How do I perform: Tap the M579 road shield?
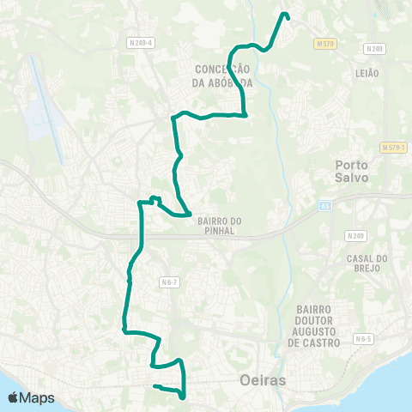point(323,43)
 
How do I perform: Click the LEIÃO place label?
point(367,74)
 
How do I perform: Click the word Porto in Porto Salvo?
point(352,165)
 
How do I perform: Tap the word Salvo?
point(352,178)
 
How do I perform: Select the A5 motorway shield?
point(325,206)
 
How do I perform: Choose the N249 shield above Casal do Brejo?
point(355,235)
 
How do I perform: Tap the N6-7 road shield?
point(168,281)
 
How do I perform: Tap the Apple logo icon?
point(14,397)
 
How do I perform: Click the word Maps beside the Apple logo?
point(38,397)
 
